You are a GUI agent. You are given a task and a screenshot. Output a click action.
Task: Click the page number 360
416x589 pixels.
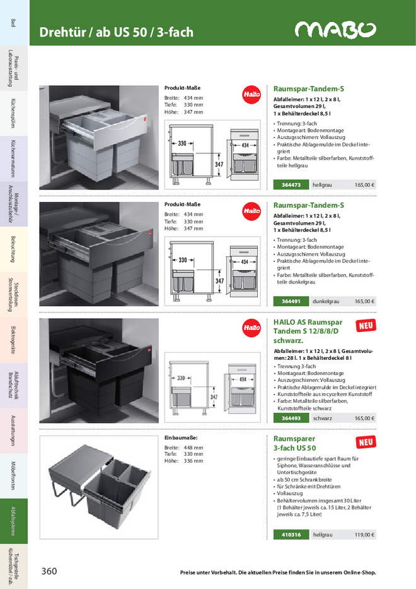(x=49, y=571)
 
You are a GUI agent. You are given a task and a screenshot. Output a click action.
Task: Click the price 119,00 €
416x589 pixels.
(x=364, y=535)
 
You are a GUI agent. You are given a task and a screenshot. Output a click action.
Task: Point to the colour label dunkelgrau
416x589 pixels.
(x=326, y=301)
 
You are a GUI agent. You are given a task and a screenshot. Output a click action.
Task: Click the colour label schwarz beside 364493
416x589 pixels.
(x=323, y=418)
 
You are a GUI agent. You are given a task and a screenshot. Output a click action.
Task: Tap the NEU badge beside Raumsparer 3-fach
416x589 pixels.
(x=365, y=443)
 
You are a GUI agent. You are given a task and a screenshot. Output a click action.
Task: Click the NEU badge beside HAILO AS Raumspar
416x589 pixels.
(x=365, y=326)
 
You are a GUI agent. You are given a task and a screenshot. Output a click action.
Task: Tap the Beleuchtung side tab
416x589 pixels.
(x=14, y=249)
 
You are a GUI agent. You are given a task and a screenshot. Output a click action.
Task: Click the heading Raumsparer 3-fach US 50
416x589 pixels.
(x=294, y=443)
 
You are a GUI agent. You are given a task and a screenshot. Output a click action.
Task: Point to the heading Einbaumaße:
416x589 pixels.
(x=182, y=437)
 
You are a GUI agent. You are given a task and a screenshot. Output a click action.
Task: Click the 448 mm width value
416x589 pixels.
(x=193, y=448)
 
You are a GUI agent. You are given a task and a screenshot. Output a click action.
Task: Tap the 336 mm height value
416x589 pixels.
(x=193, y=461)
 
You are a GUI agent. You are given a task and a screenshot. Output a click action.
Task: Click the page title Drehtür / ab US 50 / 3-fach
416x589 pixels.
(x=117, y=32)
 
